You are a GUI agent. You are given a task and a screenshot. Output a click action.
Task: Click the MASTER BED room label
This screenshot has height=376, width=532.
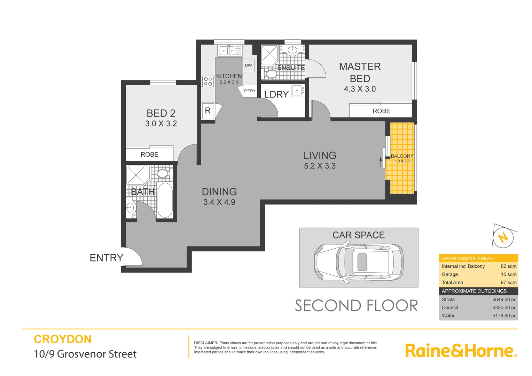click(360, 72)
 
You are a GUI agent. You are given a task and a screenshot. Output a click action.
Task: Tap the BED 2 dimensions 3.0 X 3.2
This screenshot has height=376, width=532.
click(161, 124)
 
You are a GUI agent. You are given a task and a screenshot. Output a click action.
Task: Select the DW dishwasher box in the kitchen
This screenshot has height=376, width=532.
click(248, 65)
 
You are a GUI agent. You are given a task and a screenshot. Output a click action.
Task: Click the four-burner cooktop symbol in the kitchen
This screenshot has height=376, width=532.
click(208, 81)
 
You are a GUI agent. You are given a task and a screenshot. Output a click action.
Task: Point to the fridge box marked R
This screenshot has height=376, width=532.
click(208, 111)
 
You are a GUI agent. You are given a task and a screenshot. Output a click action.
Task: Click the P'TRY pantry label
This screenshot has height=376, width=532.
click(250, 91)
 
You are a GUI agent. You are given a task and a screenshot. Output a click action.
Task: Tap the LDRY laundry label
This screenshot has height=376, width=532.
click(276, 94)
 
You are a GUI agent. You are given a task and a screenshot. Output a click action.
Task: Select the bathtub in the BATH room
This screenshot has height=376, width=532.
click(165, 200)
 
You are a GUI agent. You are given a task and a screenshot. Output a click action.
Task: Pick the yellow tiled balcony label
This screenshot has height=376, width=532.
click(402, 156)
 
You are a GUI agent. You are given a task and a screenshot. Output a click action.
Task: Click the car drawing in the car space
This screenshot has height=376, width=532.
click(359, 262)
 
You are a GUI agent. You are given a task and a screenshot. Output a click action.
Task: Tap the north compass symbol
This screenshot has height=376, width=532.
click(503, 237)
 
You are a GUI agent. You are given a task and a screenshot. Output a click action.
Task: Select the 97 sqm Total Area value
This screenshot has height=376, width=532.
click(508, 282)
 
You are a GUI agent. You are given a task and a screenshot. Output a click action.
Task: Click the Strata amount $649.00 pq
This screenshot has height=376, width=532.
click(504, 299)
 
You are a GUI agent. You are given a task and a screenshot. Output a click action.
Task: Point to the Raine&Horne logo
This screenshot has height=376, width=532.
click(461, 351)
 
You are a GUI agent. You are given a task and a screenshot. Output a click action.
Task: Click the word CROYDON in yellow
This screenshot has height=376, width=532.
click(63, 339)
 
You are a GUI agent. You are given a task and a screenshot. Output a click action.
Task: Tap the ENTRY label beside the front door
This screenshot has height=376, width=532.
click(107, 258)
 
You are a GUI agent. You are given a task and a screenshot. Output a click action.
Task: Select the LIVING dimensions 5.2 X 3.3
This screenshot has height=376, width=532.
click(320, 166)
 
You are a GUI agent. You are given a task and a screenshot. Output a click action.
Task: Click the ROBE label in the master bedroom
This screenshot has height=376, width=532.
click(381, 111)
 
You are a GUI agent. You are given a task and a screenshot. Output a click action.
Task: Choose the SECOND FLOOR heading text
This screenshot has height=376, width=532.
click(356, 306)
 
